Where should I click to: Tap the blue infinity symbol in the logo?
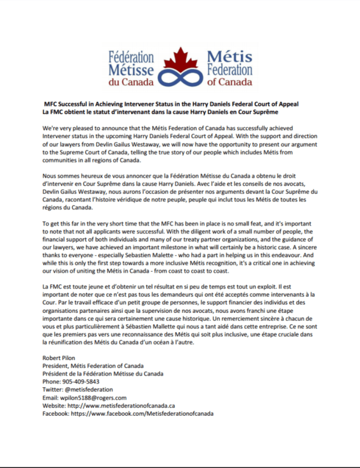[x=179, y=76]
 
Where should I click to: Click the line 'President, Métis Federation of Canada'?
[x=93, y=366]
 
